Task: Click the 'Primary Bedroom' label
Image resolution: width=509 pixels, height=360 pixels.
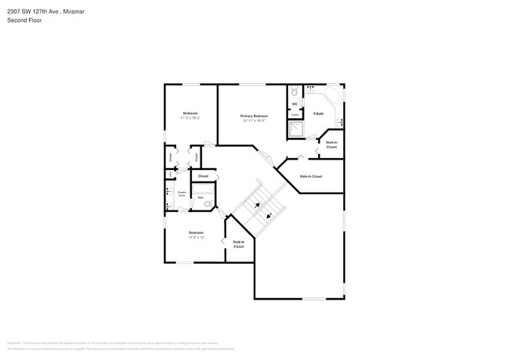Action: coord(254,116)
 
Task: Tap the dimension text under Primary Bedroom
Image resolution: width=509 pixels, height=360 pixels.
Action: coord(254,121)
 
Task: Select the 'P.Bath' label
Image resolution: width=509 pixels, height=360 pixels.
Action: coord(319,113)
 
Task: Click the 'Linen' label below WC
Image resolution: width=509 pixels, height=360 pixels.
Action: coord(295,114)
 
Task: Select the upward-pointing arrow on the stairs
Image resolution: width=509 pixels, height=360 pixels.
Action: coord(256,206)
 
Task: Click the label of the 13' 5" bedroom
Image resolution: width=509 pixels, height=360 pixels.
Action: coord(197,232)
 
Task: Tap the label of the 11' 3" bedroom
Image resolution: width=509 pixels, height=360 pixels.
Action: coord(190,113)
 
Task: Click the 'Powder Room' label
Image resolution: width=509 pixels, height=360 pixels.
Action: coord(182,193)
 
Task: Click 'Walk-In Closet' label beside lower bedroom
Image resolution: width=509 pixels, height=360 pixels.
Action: coord(238,244)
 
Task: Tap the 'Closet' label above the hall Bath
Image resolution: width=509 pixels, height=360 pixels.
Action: coord(203,176)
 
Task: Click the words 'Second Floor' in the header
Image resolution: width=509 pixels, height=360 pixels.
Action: coord(24,20)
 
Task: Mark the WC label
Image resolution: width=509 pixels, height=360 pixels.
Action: coord(295,103)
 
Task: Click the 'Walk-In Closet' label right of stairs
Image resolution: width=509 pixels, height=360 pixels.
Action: coord(311,176)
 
